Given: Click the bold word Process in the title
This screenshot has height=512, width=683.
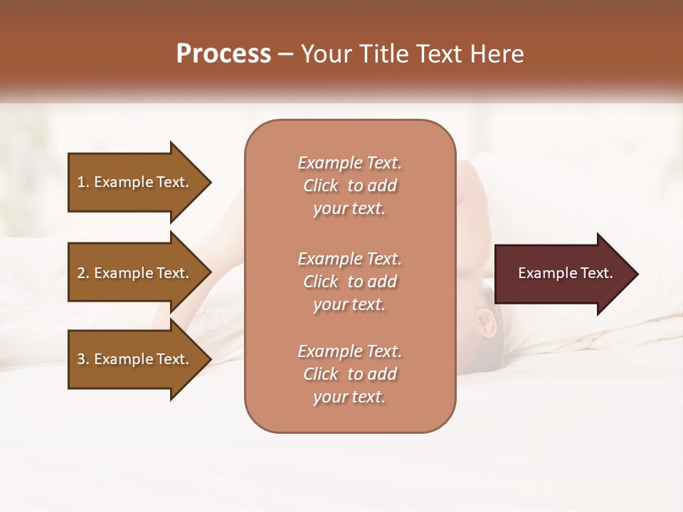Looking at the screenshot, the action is tap(223, 54).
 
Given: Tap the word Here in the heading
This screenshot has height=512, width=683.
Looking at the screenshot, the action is tap(499, 54).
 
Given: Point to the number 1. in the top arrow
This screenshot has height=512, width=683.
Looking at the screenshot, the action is tap(83, 182).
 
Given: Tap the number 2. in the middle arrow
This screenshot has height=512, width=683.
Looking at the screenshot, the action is tap(83, 273).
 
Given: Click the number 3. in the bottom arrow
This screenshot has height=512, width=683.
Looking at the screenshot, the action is tap(83, 359).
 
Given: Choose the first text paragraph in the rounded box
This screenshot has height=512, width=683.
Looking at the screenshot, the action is tap(349, 186).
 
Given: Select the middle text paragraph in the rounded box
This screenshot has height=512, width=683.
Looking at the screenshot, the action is tap(349, 282).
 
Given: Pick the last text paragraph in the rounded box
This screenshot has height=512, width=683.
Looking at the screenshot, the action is tap(349, 374).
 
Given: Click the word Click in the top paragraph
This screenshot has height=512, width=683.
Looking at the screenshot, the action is tap(321, 186).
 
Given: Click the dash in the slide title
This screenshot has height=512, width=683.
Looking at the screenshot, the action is tap(286, 54).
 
